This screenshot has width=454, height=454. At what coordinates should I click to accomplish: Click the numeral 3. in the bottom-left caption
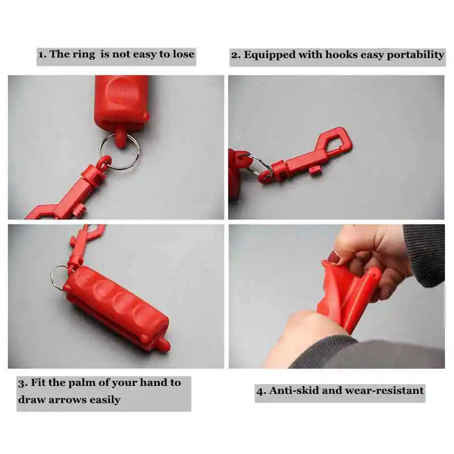pos(23,382)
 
